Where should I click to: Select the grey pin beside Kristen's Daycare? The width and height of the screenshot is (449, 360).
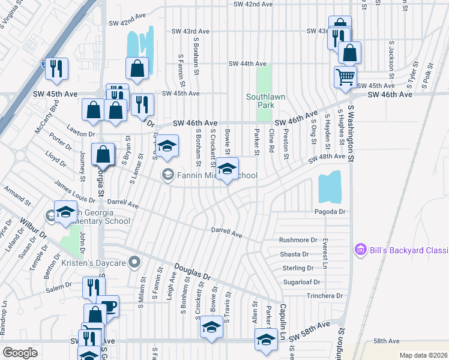(x=134, y=262)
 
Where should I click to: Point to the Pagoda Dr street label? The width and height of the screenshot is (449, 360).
(x=330, y=212)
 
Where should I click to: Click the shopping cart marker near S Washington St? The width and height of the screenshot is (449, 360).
(x=345, y=76)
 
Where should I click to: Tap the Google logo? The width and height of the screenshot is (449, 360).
(x=20, y=352)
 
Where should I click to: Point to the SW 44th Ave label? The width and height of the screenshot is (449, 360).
(x=247, y=64)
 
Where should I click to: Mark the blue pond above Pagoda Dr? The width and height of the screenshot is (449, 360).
(x=330, y=187)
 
